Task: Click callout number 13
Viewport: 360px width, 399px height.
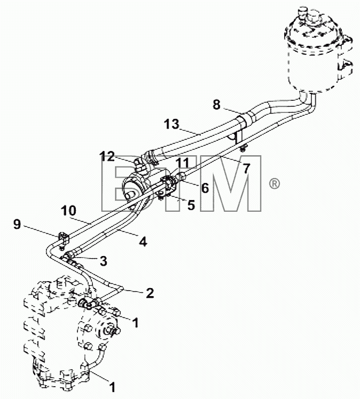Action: pyautogui.click(x=172, y=124)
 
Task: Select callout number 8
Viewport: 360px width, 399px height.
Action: pyautogui.click(x=217, y=105)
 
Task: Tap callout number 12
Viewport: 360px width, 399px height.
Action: pyautogui.click(x=107, y=156)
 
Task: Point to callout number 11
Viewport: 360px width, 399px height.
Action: pyautogui.click(x=183, y=163)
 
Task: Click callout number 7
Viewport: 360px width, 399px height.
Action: pyautogui.click(x=246, y=169)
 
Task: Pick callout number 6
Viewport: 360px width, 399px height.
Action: pyautogui.click(x=205, y=188)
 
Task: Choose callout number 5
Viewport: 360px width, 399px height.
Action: pyautogui.click(x=191, y=205)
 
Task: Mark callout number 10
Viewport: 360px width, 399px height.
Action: pyautogui.click(x=69, y=211)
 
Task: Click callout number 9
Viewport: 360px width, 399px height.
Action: pyautogui.click(x=17, y=224)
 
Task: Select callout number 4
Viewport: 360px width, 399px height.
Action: pyautogui.click(x=143, y=242)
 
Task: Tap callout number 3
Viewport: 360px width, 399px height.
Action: pyautogui.click(x=103, y=261)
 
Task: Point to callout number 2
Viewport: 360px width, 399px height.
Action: pyautogui.click(x=150, y=293)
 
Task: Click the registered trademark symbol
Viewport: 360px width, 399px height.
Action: pyautogui.click(x=274, y=183)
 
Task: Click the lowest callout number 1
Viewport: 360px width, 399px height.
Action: pyautogui.click(x=112, y=388)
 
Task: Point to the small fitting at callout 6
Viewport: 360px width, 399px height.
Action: pyautogui.click(x=183, y=176)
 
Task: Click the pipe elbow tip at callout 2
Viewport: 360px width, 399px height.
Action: pyautogui.click(x=122, y=288)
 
